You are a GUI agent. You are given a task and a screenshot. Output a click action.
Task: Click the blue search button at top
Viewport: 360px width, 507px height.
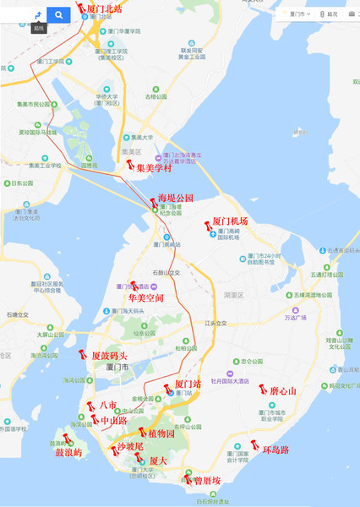(x=58, y=14)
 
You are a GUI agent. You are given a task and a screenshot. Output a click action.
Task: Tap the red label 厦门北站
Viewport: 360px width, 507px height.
(x=105, y=8)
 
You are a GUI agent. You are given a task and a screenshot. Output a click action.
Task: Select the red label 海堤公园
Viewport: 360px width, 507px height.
(x=176, y=198)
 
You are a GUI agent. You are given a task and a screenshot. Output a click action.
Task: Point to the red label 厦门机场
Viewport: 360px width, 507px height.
(x=229, y=221)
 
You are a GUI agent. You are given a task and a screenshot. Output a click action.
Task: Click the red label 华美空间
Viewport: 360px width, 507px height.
(x=146, y=298)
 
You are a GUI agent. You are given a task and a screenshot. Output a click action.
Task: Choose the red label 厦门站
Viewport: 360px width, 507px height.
(x=188, y=384)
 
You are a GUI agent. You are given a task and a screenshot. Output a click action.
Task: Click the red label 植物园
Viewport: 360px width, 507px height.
(x=156, y=433)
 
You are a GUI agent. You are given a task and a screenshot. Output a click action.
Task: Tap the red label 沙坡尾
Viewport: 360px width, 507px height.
(x=130, y=445)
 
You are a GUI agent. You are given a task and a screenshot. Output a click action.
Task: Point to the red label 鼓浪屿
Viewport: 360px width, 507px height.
(x=69, y=453)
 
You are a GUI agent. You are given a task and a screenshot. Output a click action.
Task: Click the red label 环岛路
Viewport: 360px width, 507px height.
(x=275, y=450)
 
